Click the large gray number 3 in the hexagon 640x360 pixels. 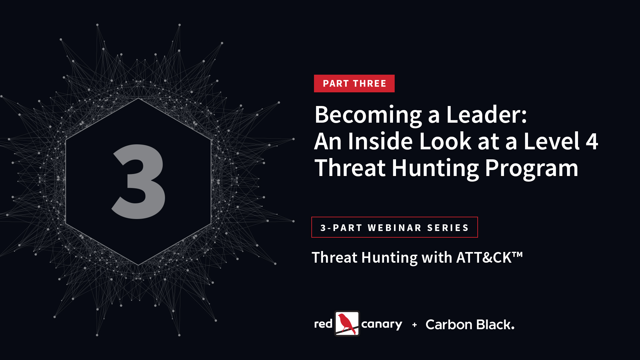138,181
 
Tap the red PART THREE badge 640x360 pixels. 354,83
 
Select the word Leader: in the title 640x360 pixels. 486,114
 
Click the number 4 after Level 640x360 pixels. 592,141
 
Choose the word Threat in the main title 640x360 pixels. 350,168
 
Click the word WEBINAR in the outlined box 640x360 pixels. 395,228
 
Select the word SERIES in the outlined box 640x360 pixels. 448,228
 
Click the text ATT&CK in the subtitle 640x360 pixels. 484,257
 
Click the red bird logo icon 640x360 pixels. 347,323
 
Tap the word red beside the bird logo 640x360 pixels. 323,324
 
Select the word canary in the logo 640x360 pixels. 382,325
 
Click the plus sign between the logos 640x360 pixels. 414,325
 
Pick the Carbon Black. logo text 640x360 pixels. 470,324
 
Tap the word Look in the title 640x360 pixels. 445,141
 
